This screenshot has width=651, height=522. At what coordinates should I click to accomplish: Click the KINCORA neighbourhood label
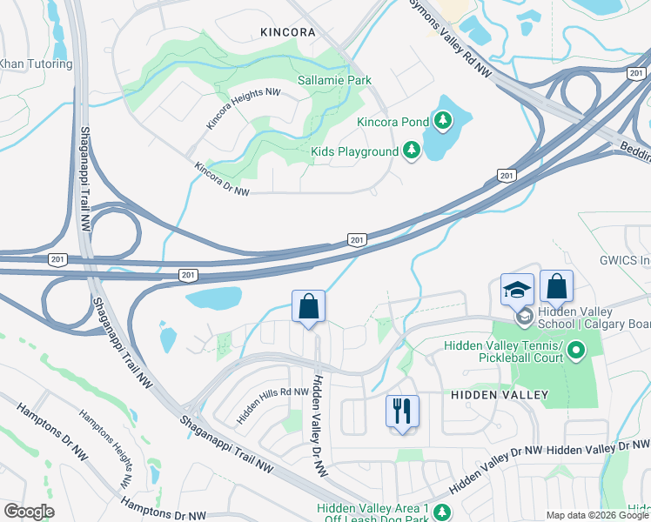point(287,32)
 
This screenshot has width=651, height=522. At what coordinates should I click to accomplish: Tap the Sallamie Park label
point(335,80)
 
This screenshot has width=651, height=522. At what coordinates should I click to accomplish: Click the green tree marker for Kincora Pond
point(444,122)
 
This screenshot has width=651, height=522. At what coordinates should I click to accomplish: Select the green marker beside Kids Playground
point(411,152)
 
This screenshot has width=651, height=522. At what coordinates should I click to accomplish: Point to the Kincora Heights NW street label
point(244,109)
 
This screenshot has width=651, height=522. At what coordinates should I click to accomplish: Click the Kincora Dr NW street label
point(222,179)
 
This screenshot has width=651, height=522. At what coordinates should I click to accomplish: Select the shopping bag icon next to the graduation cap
point(556,286)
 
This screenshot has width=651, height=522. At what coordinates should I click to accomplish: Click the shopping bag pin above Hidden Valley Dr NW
point(308,306)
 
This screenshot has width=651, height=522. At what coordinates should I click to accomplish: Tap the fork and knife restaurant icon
point(402,411)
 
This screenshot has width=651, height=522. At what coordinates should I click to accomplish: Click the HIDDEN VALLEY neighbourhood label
point(500,395)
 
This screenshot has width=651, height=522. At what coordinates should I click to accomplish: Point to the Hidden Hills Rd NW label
point(273,405)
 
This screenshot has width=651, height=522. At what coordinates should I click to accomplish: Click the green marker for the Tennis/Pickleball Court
point(575,351)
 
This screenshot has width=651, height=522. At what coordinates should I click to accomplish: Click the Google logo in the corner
point(28,512)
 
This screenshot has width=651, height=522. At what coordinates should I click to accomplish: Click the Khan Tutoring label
point(36,64)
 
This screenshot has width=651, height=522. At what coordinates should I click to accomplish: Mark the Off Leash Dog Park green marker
point(442,512)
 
